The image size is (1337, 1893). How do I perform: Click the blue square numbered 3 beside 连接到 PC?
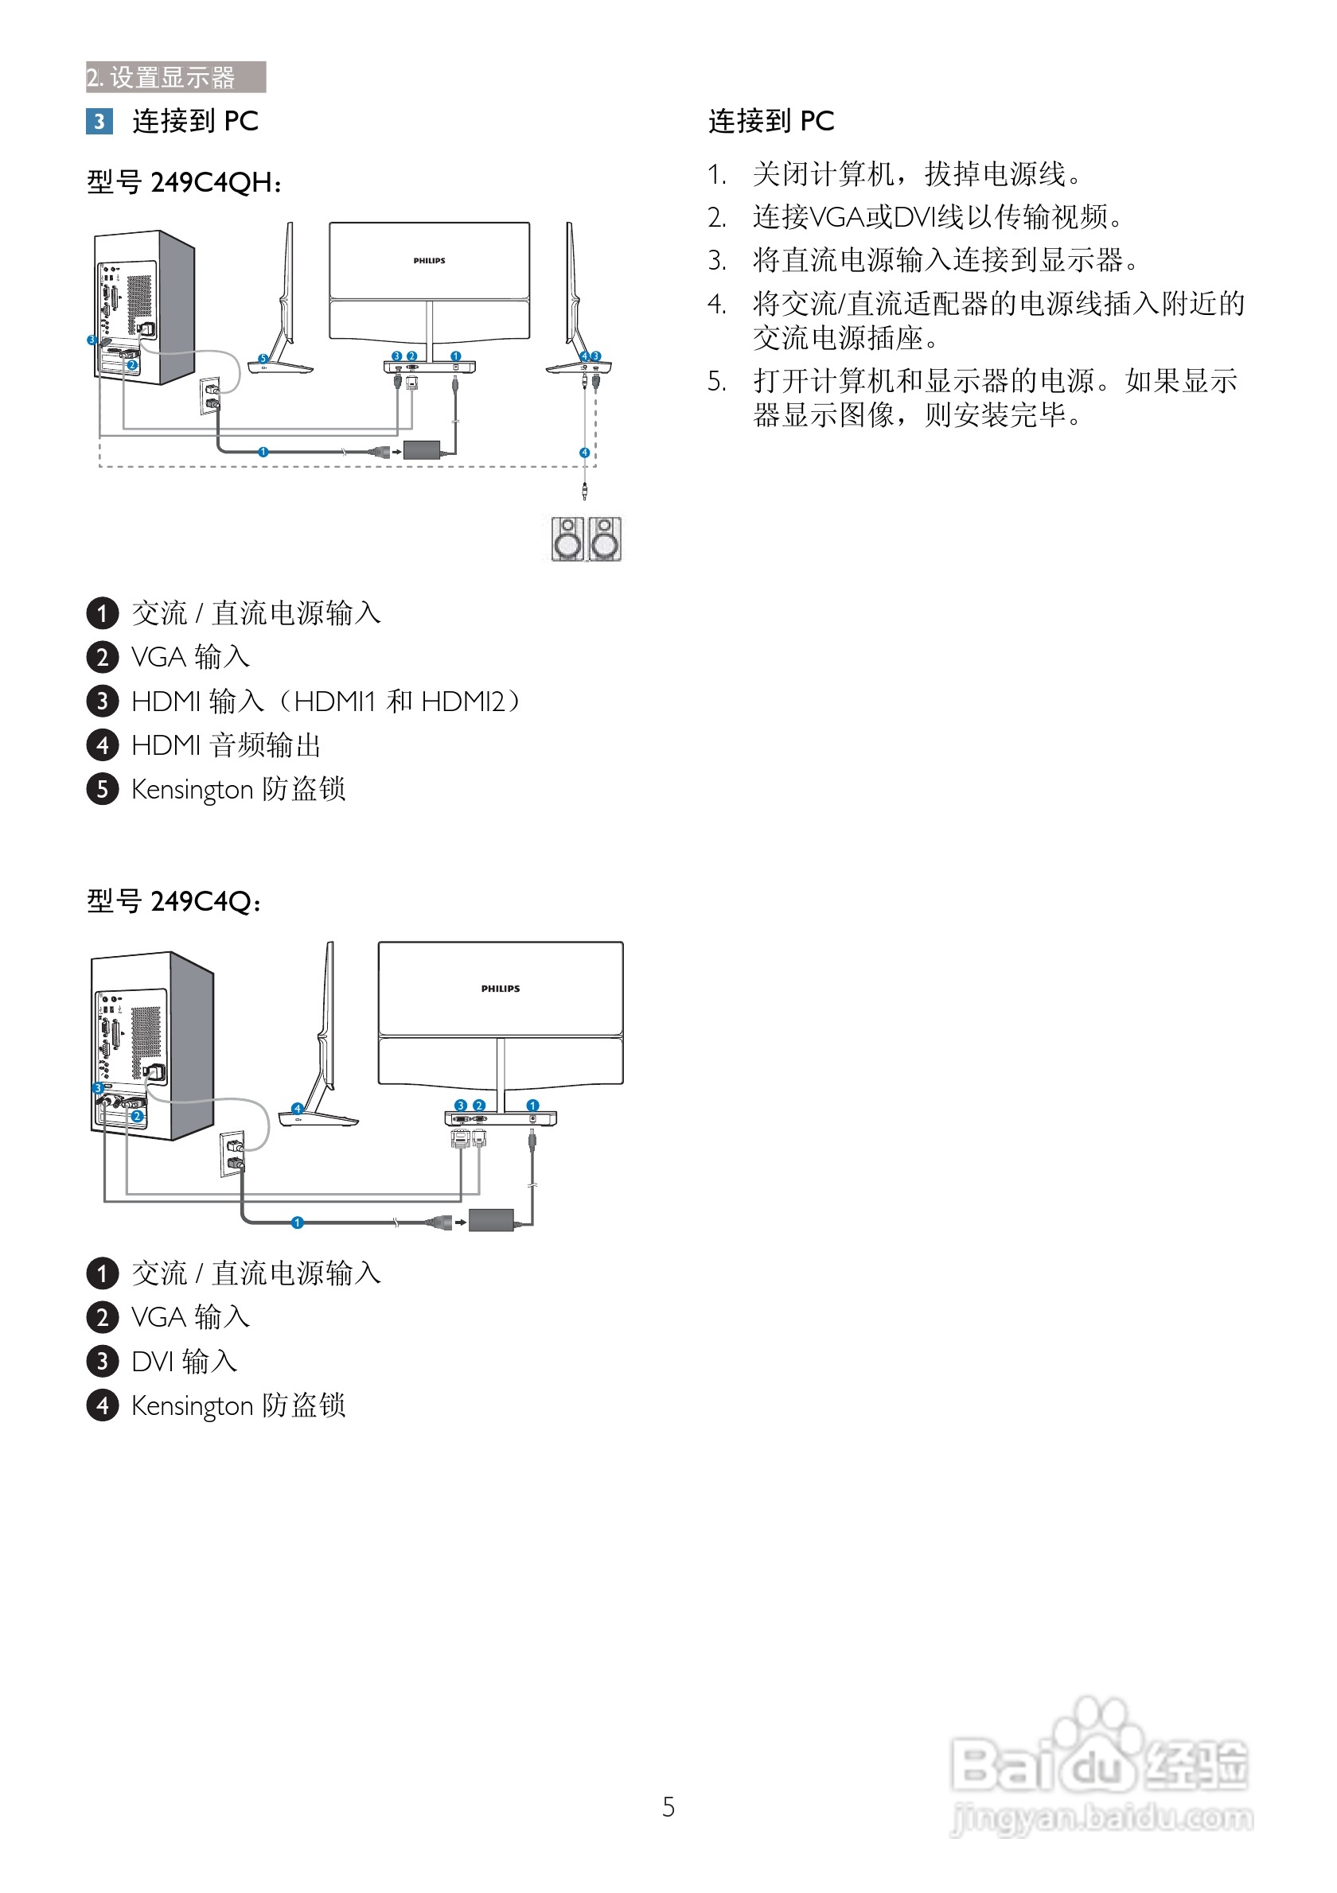[99, 121]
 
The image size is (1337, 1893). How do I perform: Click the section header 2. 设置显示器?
[176, 76]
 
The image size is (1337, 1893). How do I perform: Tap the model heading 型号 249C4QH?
[185, 182]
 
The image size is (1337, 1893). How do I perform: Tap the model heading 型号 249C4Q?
[175, 901]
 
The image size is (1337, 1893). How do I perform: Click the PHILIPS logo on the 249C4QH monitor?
[429, 261]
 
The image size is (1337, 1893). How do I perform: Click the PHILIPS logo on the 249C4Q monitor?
[501, 989]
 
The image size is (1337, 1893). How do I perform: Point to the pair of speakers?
[587, 539]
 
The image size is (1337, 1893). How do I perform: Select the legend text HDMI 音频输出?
[226, 745]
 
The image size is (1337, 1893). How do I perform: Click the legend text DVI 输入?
[185, 1361]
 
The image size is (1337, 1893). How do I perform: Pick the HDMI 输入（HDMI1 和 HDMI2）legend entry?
[328, 701]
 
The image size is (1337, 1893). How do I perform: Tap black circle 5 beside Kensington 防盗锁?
[103, 789]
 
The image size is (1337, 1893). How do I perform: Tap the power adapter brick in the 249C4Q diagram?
[492, 1219]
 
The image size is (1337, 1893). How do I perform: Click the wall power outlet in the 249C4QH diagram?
[210, 397]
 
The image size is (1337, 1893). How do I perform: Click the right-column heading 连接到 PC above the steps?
[771, 121]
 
